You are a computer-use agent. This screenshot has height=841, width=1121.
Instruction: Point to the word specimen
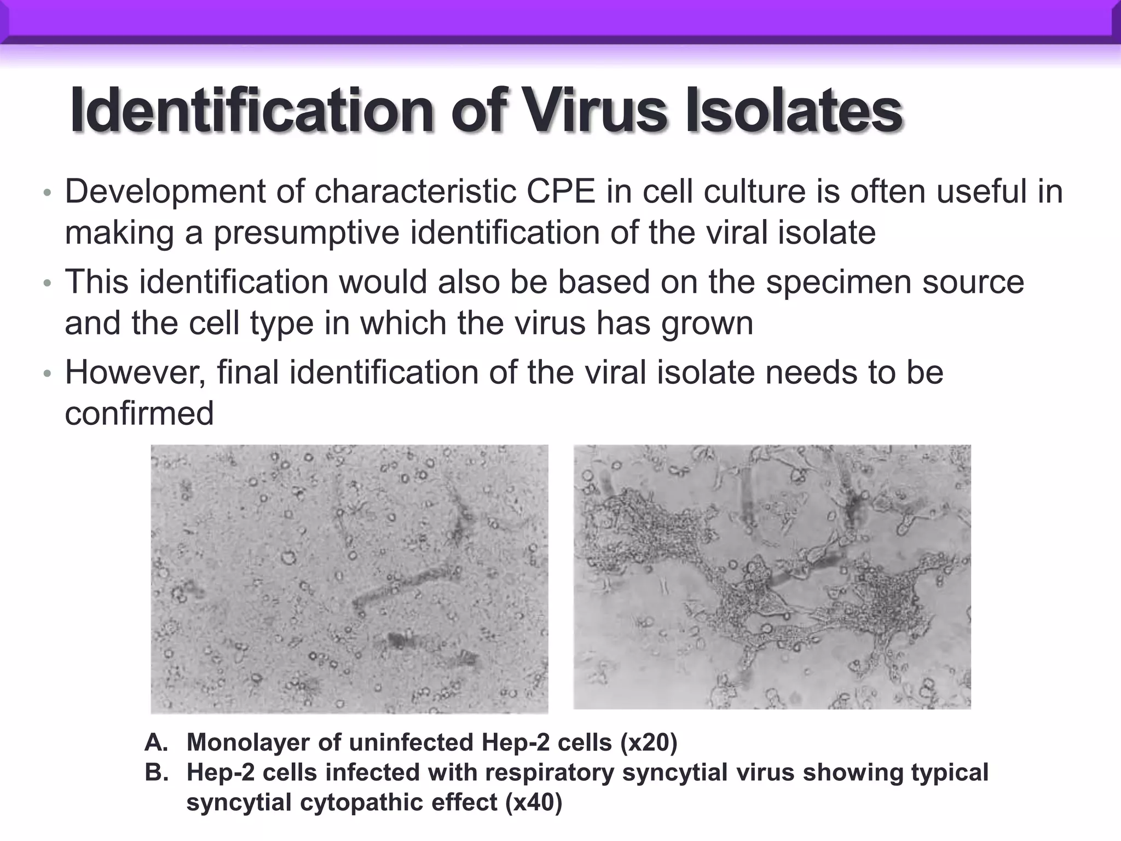[x=840, y=283]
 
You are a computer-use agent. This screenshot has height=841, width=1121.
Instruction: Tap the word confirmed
[x=139, y=414]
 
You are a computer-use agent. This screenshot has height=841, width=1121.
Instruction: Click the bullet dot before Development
[x=48, y=193]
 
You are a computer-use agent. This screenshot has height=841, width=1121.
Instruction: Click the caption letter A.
[x=155, y=743]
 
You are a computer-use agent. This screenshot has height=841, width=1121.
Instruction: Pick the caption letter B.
[x=155, y=773]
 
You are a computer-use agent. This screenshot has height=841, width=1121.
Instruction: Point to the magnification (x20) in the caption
[x=649, y=743]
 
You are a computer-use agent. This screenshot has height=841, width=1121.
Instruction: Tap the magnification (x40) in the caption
[x=534, y=803]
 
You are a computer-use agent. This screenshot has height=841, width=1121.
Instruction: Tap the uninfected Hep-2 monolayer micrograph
[x=349, y=579]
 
